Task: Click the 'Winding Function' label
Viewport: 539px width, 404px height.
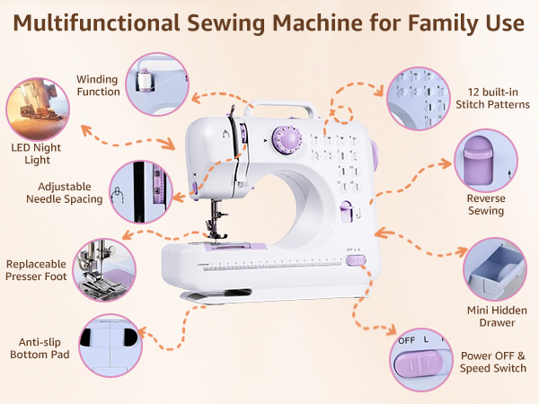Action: (x=98, y=85)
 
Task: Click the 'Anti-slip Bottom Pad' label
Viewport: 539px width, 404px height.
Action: (x=40, y=348)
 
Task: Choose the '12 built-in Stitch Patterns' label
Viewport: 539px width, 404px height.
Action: (x=499, y=99)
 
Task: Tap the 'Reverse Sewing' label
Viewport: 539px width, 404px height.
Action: (x=485, y=205)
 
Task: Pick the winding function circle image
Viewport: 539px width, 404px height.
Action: (x=156, y=83)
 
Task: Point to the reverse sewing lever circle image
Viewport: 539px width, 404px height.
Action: (x=485, y=162)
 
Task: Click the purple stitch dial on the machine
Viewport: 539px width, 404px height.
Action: (x=287, y=139)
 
